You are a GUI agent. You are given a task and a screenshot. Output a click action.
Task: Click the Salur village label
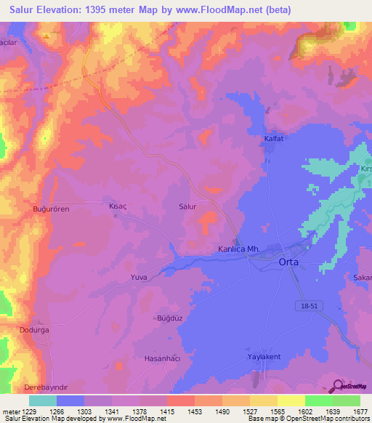(x=187, y=206)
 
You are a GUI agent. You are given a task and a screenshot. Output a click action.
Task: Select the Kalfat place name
(x=273, y=137)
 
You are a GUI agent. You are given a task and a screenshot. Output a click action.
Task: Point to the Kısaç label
(x=118, y=206)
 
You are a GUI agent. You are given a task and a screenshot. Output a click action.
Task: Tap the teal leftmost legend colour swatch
(x=42, y=400)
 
